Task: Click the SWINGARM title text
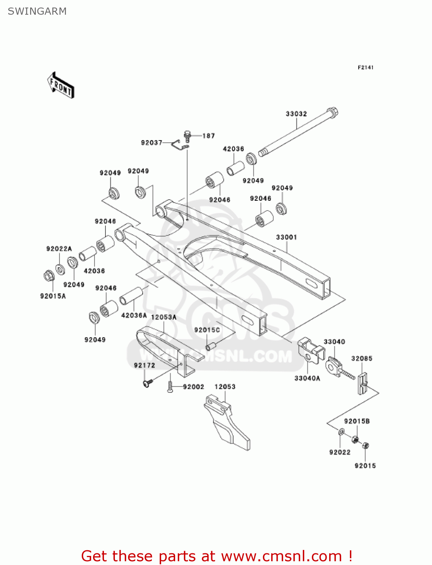(x=37, y=11)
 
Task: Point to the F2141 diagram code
(x=365, y=67)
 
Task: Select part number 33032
(x=296, y=114)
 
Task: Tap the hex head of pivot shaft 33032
(x=333, y=112)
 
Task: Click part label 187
(x=209, y=136)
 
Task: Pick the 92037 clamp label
(x=151, y=143)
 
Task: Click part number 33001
(x=286, y=237)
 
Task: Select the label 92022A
(x=59, y=249)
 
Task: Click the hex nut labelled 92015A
(x=49, y=276)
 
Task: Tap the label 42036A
(x=134, y=315)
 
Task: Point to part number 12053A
(x=163, y=317)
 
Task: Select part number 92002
(x=194, y=387)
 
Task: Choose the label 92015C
(x=207, y=330)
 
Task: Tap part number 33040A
(x=307, y=378)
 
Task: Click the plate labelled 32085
(x=362, y=383)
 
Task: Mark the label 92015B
(x=357, y=421)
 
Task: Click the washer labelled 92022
(x=341, y=431)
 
